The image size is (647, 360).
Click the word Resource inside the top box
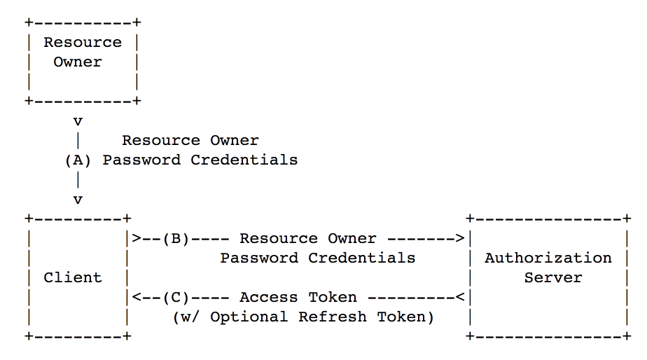(83, 42)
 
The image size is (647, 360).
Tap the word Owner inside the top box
(78, 62)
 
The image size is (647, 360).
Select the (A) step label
(78, 160)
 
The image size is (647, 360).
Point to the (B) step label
(176, 239)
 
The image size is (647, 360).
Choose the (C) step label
(176, 298)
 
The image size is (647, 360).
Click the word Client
(73, 277)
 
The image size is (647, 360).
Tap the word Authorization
(548, 258)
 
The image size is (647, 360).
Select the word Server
(553, 277)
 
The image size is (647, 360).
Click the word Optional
(249, 317)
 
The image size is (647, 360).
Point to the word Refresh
(332, 317)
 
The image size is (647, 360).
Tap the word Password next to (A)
(141, 160)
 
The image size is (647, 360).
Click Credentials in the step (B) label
(361, 258)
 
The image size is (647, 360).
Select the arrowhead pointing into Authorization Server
(460, 238)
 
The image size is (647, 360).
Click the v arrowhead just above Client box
(78, 200)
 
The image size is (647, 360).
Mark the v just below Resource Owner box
(78, 122)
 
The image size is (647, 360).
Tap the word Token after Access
(333, 297)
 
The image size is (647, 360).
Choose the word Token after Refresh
(401, 317)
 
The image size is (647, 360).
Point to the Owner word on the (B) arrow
(352, 238)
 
